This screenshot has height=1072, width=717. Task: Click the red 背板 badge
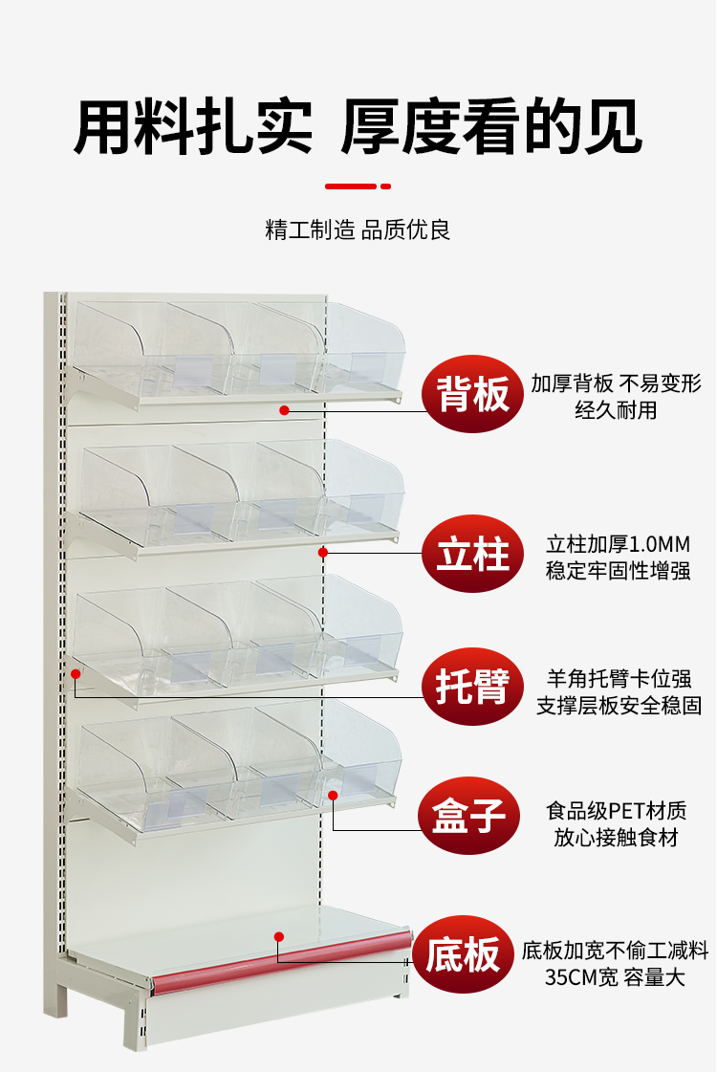click(x=473, y=394)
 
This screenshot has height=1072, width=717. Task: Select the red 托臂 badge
click(x=473, y=688)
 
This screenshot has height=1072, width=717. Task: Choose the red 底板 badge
click(x=464, y=954)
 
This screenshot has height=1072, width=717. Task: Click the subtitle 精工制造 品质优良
click(x=358, y=230)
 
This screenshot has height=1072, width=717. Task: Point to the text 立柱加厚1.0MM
click(x=618, y=545)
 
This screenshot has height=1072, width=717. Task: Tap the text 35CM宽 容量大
click(x=615, y=978)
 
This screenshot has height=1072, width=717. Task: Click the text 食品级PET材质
click(x=617, y=811)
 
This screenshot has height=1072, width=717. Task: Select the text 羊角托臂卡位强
click(x=618, y=679)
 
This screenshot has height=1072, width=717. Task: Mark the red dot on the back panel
click(x=284, y=410)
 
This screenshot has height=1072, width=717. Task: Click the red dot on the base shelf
click(x=278, y=936)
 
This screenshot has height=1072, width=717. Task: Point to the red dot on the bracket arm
click(x=76, y=674)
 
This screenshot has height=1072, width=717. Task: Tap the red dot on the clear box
click(x=333, y=795)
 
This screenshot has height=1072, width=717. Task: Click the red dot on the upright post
click(x=323, y=552)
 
